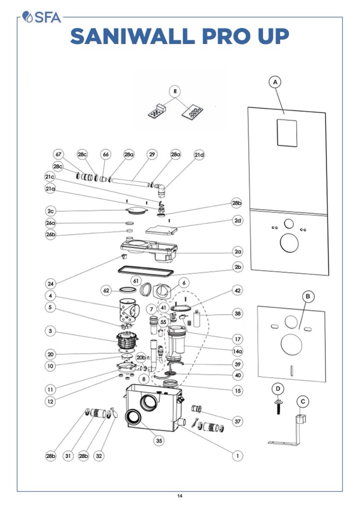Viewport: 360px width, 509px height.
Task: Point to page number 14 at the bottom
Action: pyautogui.click(x=180, y=496)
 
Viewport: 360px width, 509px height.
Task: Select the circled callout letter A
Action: pyautogui.click(x=275, y=82)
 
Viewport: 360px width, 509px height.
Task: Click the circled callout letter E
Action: pyautogui.click(x=176, y=91)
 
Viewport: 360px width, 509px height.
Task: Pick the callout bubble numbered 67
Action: pyautogui.click(x=59, y=154)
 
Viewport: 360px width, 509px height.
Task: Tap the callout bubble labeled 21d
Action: pyautogui.click(x=199, y=154)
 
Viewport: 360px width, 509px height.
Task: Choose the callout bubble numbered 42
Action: pyautogui.click(x=237, y=291)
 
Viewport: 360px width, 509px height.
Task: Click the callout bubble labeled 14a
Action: pyautogui.click(x=237, y=351)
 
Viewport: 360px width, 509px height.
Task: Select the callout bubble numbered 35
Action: pyautogui.click(x=159, y=440)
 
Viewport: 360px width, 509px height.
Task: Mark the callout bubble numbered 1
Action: pyautogui.click(x=237, y=455)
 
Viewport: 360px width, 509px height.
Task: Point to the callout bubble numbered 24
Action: pyautogui.click(x=50, y=283)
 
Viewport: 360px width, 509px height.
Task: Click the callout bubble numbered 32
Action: pyautogui.click(x=99, y=456)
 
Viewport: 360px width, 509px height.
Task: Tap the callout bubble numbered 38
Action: pyautogui.click(x=237, y=314)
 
